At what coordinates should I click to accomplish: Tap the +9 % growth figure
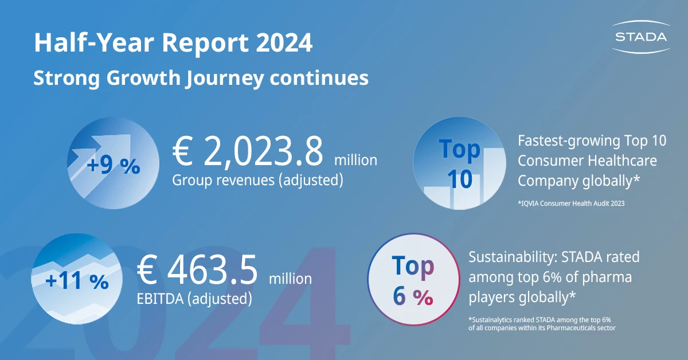click(114, 167)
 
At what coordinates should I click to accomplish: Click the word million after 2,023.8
click(355, 160)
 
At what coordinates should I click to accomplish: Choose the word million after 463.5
click(291, 279)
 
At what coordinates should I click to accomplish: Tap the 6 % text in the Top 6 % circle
click(413, 296)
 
